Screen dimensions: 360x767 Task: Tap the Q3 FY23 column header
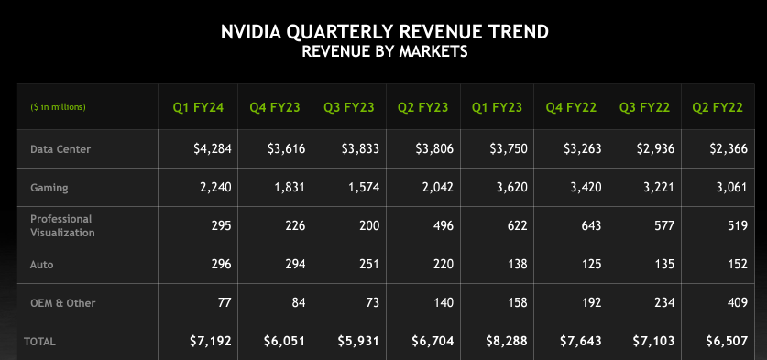coord(348,107)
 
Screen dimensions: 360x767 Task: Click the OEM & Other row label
coord(62,303)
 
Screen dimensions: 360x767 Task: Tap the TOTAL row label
coord(40,342)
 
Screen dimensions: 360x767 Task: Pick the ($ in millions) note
coord(58,107)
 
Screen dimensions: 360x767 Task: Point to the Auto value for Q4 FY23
coord(290,265)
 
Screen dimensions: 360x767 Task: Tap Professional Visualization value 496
coord(437,225)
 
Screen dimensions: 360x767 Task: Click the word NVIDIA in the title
coord(256,33)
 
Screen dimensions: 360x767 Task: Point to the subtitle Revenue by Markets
coord(384,52)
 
